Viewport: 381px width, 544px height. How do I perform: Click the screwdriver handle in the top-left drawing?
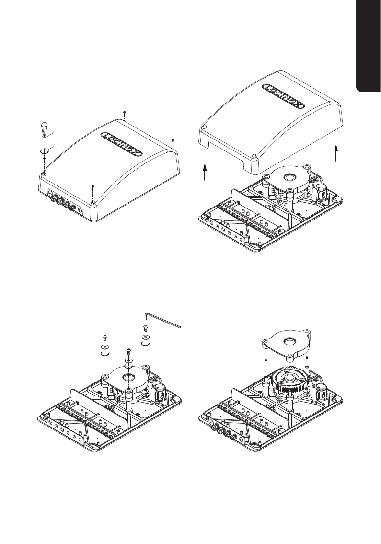[x=45, y=128]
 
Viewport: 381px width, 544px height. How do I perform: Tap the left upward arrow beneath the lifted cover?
[x=205, y=172]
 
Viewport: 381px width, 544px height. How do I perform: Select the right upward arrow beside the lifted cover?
[x=336, y=153]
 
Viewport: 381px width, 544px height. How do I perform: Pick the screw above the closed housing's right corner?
[x=173, y=141]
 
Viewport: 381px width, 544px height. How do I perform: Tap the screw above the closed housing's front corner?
[x=93, y=188]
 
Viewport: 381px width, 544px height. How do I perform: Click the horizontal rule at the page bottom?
[x=191, y=509]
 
